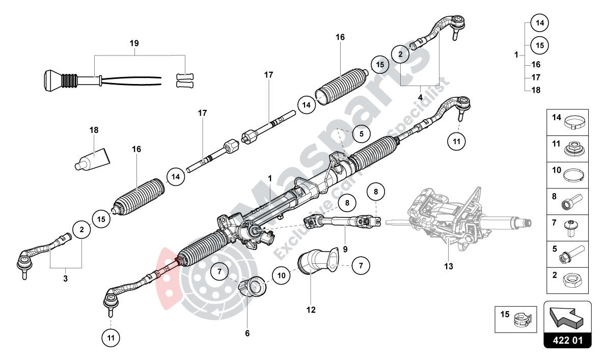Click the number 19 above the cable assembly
(134, 43)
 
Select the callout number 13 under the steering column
(449, 265)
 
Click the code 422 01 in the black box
(568, 340)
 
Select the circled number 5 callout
(361, 134)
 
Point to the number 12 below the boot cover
(311, 309)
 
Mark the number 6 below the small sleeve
(248, 333)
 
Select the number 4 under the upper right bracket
(420, 97)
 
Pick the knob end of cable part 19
(50, 79)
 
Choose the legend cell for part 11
(567, 148)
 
